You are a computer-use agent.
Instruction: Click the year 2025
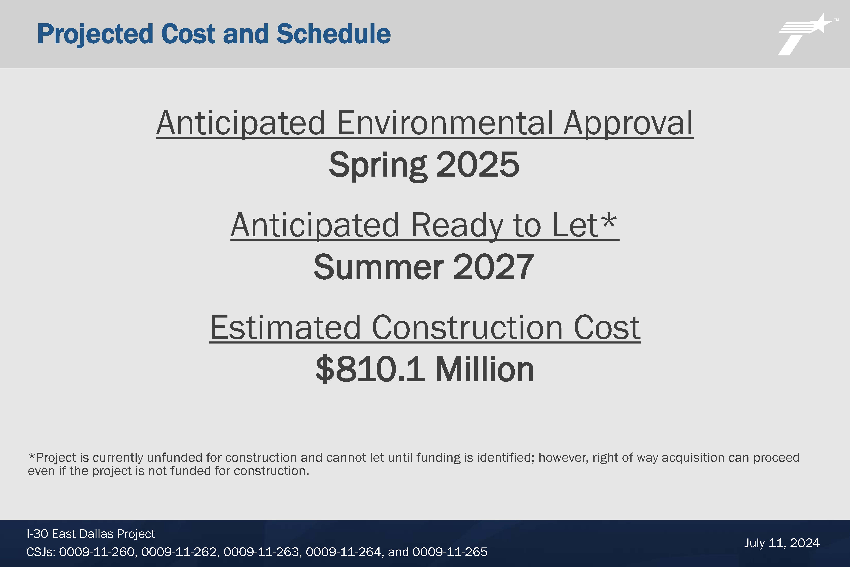[478, 165]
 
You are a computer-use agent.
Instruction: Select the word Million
[485, 369]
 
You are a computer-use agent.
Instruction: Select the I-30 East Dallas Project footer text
[91, 534]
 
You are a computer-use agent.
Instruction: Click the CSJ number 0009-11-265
[450, 552]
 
